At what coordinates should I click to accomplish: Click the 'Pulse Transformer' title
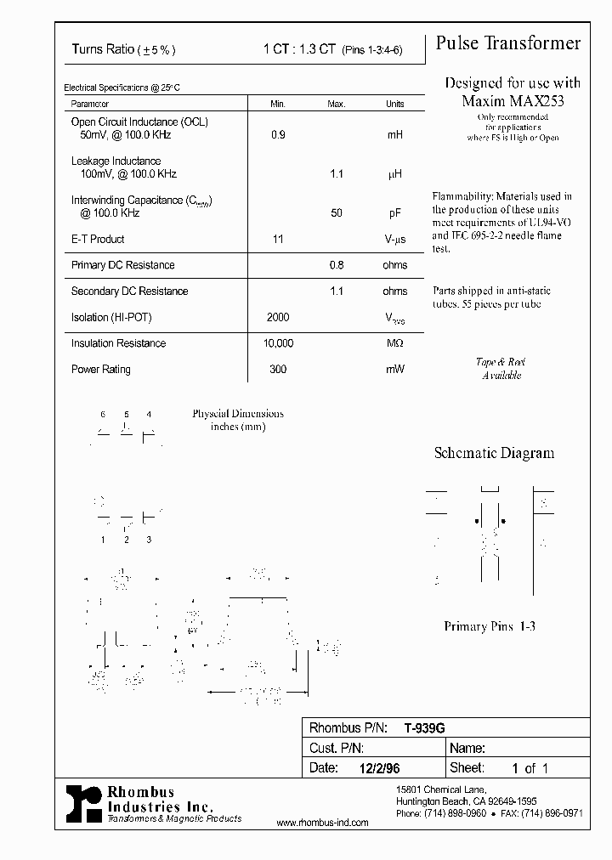coord(508,44)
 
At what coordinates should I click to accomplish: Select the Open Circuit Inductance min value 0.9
coord(277,135)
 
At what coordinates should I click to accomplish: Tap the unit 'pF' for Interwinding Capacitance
coord(394,213)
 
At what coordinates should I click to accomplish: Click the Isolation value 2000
coord(277,318)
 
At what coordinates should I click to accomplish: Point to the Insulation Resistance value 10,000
coord(277,343)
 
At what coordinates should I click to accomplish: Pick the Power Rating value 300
coord(277,370)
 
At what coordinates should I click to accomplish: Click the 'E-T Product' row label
coord(98,240)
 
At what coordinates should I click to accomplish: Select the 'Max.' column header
coord(337,104)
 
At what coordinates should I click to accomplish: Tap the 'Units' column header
coord(394,104)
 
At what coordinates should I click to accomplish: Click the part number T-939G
coord(424,728)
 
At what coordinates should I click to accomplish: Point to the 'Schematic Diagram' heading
coord(494,454)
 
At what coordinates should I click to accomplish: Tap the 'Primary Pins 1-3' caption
coord(490,626)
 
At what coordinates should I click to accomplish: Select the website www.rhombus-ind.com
coord(323,823)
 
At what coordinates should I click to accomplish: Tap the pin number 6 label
coord(103,414)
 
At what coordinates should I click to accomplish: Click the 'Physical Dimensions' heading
coord(238,414)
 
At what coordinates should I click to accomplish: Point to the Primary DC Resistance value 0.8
coord(337,265)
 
